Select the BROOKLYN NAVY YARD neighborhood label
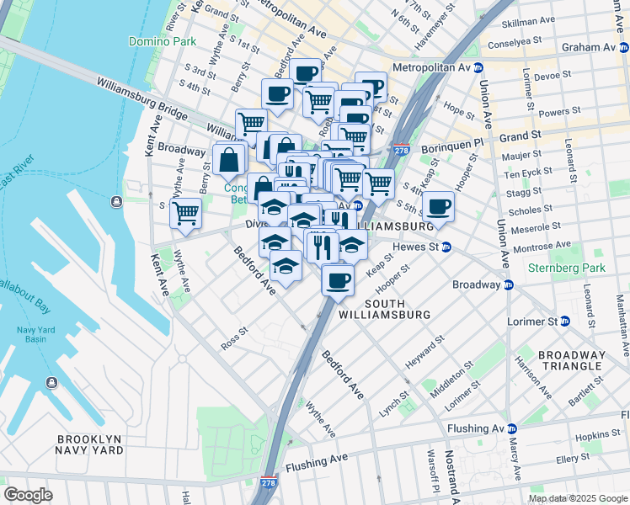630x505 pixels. click(x=89, y=446)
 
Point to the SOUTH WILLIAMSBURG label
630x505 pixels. click(x=384, y=309)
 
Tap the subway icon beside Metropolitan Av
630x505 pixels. click(x=478, y=67)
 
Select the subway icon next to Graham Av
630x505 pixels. click(x=624, y=48)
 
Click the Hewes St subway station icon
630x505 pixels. click(x=446, y=247)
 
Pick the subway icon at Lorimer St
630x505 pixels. click(x=565, y=322)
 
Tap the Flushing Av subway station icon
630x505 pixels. click(x=511, y=428)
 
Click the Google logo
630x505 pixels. click(x=28, y=494)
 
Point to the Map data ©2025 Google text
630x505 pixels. click(x=578, y=498)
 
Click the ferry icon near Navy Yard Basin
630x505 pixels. click(x=52, y=383)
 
